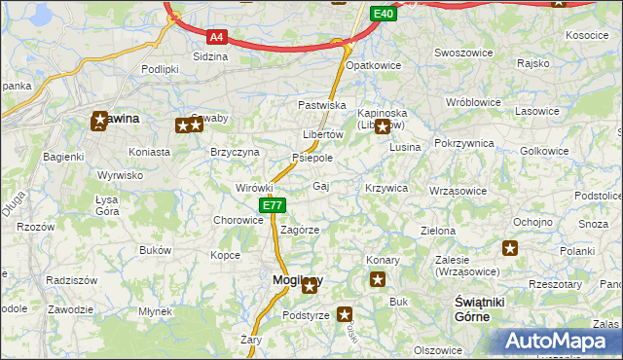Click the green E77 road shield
click(x=273, y=205)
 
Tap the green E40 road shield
click(x=383, y=14)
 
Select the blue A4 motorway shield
click(x=216, y=38)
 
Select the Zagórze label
click(x=300, y=230)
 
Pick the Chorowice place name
click(x=238, y=220)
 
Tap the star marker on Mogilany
click(x=310, y=285)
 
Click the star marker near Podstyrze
click(x=345, y=314)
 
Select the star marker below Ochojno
click(x=510, y=248)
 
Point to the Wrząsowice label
click(x=457, y=191)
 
